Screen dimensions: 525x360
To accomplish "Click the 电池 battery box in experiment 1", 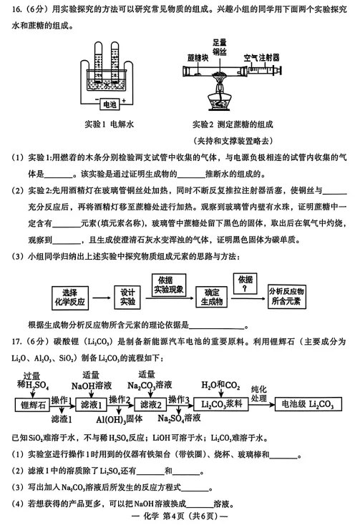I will point(108,104).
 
